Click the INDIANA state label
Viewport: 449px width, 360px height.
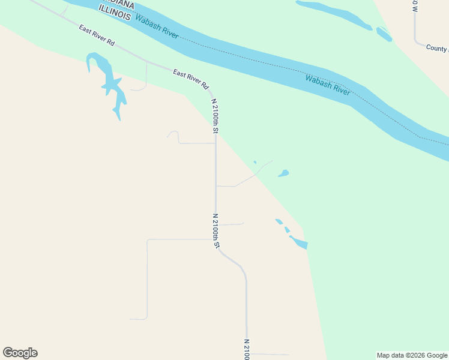pyautogui.click(x=117, y=5)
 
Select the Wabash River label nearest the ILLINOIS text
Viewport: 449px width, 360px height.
pyautogui.click(x=157, y=27)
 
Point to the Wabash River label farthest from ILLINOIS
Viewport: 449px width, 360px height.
pyautogui.click(x=328, y=85)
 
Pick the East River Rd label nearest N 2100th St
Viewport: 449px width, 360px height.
pyautogui.click(x=190, y=79)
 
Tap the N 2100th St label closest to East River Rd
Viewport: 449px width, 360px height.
pyautogui.click(x=214, y=116)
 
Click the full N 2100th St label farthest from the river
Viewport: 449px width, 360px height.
pyautogui.click(x=216, y=231)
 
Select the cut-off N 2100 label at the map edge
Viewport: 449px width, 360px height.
pyautogui.click(x=246, y=349)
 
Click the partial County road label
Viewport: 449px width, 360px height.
pyautogui.click(x=437, y=48)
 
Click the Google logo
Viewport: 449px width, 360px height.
pyautogui.click(x=20, y=353)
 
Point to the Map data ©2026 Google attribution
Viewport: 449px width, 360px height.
pyautogui.click(x=412, y=355)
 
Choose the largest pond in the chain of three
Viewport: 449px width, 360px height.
pyautogui.click(x=300, y=243)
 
